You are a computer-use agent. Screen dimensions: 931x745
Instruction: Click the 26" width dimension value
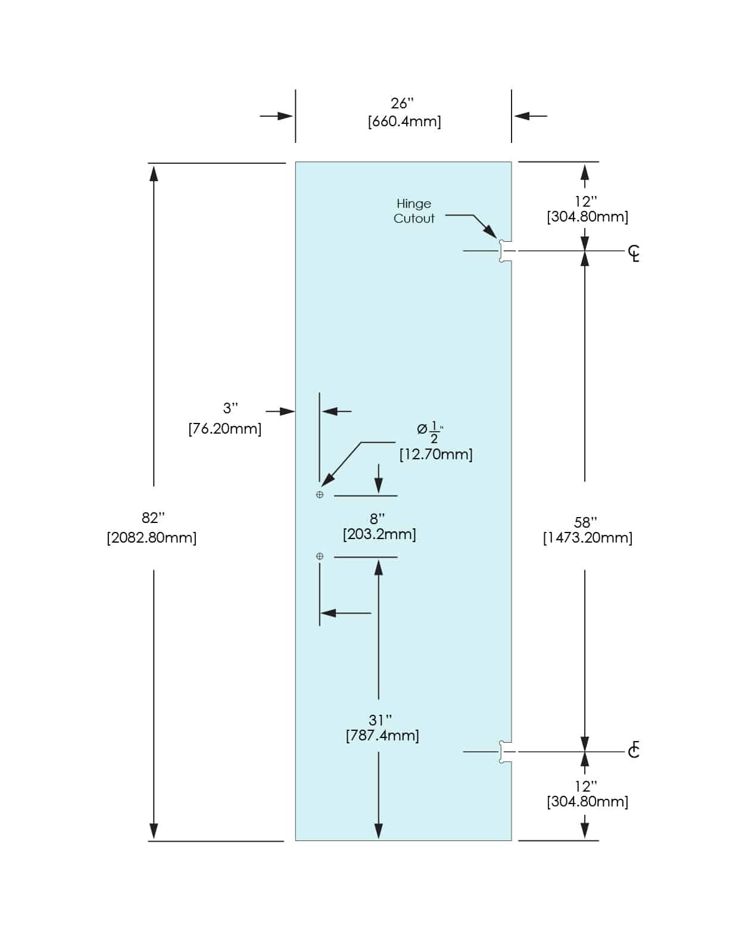point(402,104)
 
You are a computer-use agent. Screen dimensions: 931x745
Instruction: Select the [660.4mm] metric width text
point(404,122)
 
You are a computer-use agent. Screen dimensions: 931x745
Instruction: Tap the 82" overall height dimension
point(153,518)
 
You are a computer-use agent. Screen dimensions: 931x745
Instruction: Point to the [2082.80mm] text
point(152,538)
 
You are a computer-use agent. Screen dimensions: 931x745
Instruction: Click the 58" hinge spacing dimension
point(585,522)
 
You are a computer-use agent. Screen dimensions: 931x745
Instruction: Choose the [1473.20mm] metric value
point(587,538)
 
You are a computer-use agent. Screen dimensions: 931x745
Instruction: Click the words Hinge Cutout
point(414,211)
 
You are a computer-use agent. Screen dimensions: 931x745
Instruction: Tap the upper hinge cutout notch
point(505,251)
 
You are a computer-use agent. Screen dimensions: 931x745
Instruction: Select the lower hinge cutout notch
point(505,752)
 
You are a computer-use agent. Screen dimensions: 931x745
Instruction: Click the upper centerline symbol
point(634,253)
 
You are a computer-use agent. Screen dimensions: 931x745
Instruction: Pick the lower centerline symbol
point(634,750)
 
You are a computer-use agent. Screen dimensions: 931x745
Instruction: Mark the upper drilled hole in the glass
point(320,495)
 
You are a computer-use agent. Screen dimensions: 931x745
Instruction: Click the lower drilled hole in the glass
point(320,556)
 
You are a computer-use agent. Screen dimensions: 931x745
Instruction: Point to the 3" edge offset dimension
point(230,409)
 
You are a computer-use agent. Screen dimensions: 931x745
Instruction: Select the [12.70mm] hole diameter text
point(436,454)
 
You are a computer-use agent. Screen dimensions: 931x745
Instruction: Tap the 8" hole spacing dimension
point(378,519)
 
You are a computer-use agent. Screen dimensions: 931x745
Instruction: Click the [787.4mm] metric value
point(382,736)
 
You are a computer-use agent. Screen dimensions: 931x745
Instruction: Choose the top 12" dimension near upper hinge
point(585,202)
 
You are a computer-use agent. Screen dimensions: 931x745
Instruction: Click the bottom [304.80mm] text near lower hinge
point(587,802)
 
